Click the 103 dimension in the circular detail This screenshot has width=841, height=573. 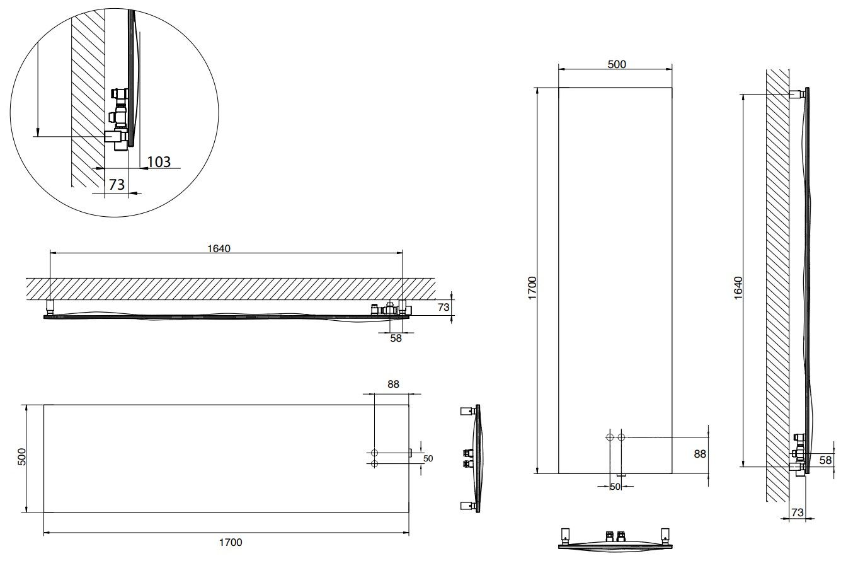point(159,161)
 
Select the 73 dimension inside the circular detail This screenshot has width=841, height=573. point(117,185)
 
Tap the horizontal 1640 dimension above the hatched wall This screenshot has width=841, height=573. point(219,248)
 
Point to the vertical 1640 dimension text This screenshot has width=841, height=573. point(738,288)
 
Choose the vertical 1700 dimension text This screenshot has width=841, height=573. point(531,288)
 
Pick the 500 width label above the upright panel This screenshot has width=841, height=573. point(616,64)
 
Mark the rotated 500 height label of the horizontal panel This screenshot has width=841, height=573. point(21,458)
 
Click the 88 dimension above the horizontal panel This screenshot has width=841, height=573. point(394,384)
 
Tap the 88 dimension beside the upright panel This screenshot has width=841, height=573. point(700,454)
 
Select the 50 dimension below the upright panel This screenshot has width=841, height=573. point(615,487)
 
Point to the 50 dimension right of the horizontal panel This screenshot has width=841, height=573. point(428,458)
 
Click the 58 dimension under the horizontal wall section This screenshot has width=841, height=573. point(395,338)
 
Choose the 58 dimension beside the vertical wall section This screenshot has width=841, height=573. point(825,460)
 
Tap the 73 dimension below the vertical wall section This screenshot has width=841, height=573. point(797,512)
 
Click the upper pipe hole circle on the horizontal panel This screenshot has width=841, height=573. point(375,453)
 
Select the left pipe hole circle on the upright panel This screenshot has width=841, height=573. point(609,437)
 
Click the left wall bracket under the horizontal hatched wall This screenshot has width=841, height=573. point(50,307)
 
